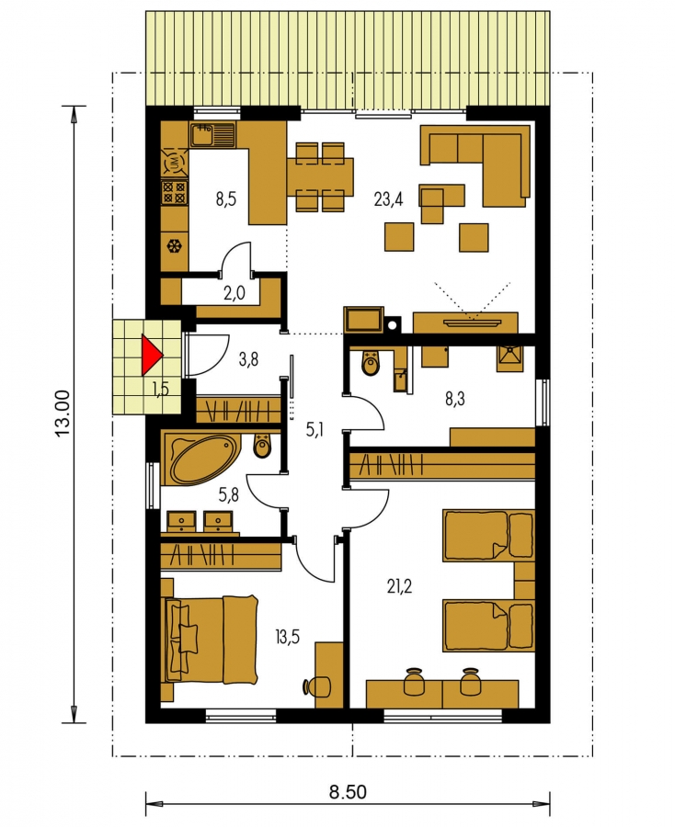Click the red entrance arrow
[151, 356]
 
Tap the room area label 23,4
[388, 200]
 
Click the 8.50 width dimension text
[348, 792]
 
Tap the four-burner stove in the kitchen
[174, 193]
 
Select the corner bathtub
[198, 459]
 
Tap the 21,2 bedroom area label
[400, 586]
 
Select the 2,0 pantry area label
[235, 293]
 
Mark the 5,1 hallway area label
[315, 430]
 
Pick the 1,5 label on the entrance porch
[160, 389]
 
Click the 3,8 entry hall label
[248, 360]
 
